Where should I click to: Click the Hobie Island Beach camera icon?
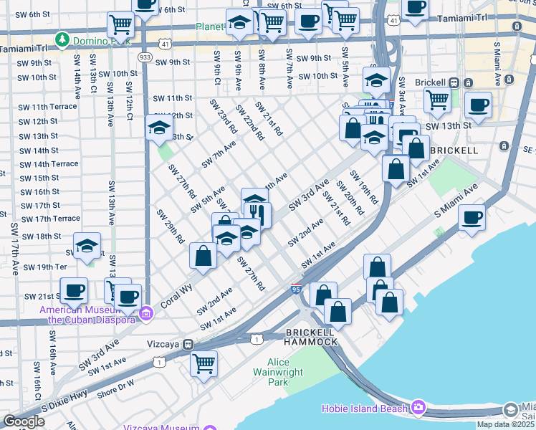click(x=418, y=408)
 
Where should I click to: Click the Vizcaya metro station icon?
click(x=188, y=344)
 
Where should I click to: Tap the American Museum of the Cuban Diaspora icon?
click(x=146, y=313)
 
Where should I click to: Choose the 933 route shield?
click(x=145, y=57)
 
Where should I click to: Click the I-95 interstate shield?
click(x=296, y=289)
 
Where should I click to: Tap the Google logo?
click(x=24, y=421)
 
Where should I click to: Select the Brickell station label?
click(x=444, y=82)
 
